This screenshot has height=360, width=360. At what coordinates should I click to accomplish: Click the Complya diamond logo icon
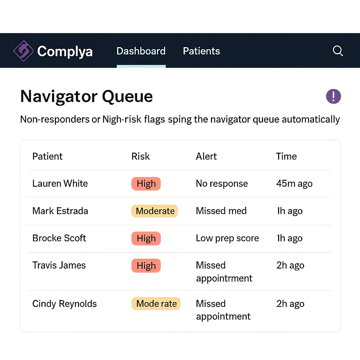click(24, 51)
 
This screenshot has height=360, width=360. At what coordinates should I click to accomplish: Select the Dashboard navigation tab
click(141, 51)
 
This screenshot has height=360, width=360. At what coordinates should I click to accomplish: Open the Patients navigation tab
click(201, 51)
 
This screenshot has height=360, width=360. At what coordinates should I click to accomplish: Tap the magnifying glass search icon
click(338, 51)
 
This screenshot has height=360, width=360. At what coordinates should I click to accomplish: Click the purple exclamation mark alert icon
click(333, 96)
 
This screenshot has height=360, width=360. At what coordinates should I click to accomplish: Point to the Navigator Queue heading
click(86, 96)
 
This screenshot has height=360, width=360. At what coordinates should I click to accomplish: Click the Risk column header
click(141, 156)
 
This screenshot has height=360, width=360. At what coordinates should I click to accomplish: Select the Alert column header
click(206, 156)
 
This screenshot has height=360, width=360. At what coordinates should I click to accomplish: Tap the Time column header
click(286, 156)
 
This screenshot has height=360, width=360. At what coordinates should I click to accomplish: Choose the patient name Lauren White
click(60, 184)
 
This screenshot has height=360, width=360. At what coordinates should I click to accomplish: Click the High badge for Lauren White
click(146, 184)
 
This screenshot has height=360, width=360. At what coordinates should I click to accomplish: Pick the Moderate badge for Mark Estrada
click(155, 211)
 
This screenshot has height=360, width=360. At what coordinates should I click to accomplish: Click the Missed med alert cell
click(221, 211)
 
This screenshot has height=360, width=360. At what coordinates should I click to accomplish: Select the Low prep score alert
click(227, 238)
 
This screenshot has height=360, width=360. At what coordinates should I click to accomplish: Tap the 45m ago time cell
click(294, 184)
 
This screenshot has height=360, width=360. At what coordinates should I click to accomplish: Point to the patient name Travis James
click(59, 265)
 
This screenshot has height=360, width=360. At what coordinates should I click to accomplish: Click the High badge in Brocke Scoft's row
click(146, 238)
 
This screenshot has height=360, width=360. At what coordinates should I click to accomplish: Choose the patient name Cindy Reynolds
click(65, 304)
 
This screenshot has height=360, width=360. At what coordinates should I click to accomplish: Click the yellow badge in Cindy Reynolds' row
click(156, 304)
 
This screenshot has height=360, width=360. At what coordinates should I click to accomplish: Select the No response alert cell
click(222, 184)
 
